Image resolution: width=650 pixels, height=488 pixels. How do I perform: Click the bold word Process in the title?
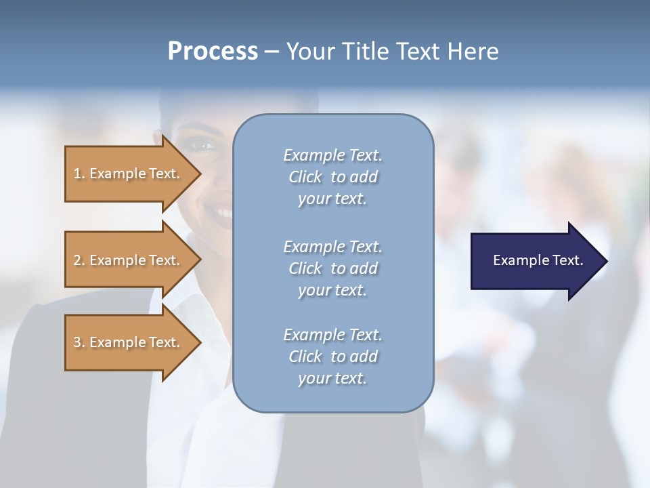pyautogui.click(x=213, y=52)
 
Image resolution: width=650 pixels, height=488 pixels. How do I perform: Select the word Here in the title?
pyautogui.click(x=473, y=52)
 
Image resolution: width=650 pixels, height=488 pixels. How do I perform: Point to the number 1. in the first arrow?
pyautogui.click(x=79, y=174)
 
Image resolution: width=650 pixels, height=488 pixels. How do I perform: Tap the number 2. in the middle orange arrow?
pyautogui.click(x=79, y=260)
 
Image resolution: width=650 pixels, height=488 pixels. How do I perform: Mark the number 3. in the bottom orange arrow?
pyautogui.click(x=79, y=342)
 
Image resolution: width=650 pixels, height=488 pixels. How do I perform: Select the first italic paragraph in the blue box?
pyautogui.click(x=332, y=177)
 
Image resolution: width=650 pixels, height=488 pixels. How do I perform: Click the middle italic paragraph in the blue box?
pyautogui.click(x=332, y=268)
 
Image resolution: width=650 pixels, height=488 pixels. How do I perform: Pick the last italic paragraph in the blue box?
pyautogui.click(x=332, y=357)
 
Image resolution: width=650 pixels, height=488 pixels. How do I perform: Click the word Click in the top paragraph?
pyautogui.click(x=305, y=177)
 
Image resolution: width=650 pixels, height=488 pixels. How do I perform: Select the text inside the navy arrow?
pyautogui.click(x=538, y=260)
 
